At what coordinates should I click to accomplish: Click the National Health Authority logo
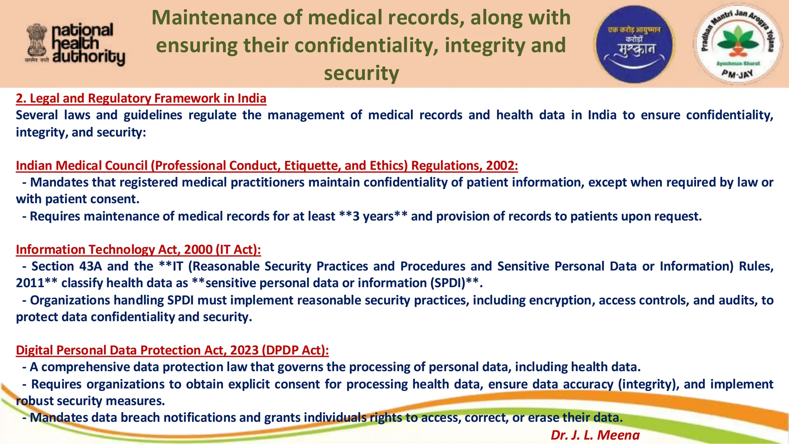(x=76, y=44)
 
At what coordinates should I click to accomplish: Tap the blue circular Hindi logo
(x=634, y=44)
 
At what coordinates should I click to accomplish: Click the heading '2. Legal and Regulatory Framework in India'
(x=141, y=98)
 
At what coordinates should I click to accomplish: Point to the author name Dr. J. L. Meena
(x=595, y=435)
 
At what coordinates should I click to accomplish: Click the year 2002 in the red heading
(x=500, y=165)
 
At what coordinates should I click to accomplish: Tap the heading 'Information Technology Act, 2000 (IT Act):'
(x=138, y=249)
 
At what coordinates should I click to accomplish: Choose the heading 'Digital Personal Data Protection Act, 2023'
(x=172, y=350)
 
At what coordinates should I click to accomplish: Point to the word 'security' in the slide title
(x=361, y=73)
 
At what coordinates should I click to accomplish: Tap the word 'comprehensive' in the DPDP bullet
(x=86, y=367)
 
